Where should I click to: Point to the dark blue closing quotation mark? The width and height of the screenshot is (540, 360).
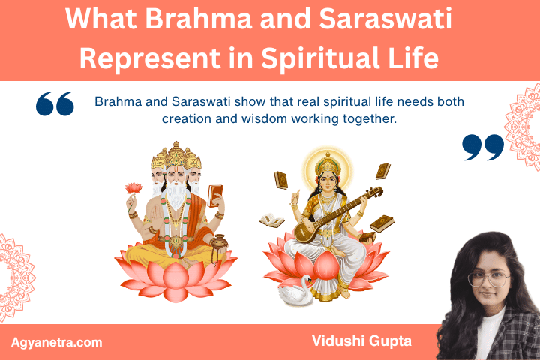click(x=482, y=147)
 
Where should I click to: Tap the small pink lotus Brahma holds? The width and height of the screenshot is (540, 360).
click(x=134, y=188)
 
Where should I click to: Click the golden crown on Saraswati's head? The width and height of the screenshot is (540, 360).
click(x=328, y=163)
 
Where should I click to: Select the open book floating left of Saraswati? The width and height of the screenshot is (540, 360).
click(x=271, y=220)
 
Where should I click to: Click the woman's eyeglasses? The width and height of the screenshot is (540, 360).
click(x=488, y=278)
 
